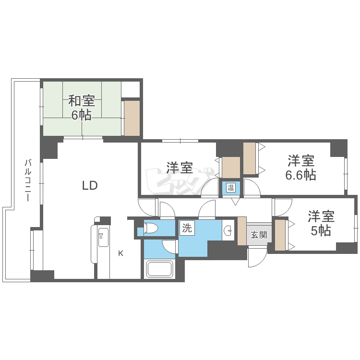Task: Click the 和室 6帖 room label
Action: coord(82,108)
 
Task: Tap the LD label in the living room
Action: coord(90,185)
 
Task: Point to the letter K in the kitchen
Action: coord(121,253)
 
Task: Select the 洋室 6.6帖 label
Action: coord(301,168)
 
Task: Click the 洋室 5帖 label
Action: coord(321,223)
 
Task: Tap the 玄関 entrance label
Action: coord(259,235)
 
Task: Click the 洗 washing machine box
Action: coord(187,228)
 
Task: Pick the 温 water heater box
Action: coord(230,188)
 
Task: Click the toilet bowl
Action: coord(151,228)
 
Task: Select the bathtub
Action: coord(160,269)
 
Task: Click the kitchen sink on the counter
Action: coord(103,237)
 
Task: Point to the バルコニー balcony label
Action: coord(28,180)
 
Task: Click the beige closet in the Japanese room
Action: coord(132,118)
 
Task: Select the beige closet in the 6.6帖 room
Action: coord(250,158)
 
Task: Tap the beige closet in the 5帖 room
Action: coord(280,235)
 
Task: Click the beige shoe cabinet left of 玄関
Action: coord(242,231)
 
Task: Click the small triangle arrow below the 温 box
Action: coord(235,202)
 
